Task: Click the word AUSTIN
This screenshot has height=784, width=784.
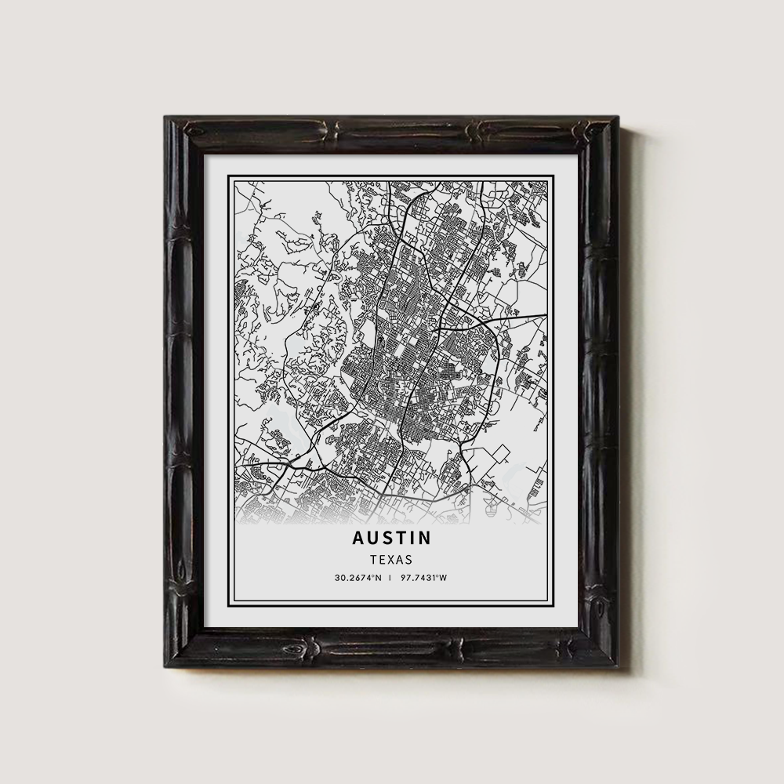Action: click(x=391, y=539)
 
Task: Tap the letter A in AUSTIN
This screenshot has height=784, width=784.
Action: click(x=358, y=539)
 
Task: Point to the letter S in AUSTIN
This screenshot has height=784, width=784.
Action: click(x=385, y=539)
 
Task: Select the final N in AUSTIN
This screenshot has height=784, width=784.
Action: click(x=425, y=539)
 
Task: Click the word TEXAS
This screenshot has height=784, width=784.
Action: click(x=391, y=561)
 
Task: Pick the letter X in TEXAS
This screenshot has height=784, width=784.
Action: click(x=391, y=561)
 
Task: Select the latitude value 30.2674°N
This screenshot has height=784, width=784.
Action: click(x=358, y=579)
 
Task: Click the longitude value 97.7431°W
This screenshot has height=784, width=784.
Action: click(x=423, y=579)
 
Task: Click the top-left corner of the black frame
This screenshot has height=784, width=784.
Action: click(x=165, y=117)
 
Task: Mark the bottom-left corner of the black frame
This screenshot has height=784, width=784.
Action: click(x=165, y=667)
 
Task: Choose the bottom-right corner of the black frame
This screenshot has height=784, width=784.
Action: click(x=618, y=667)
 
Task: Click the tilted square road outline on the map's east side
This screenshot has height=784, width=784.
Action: click(x=499, y=454)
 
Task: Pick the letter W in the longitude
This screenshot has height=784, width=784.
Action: click(x=443, y=579)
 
